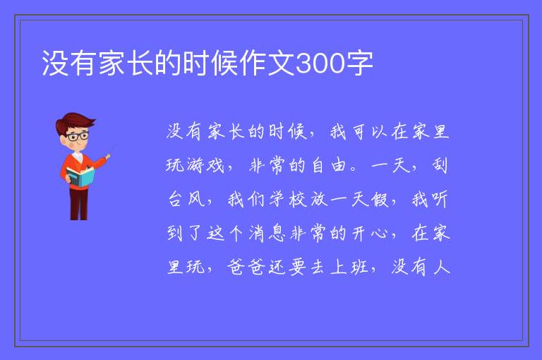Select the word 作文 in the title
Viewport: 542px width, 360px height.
coord(267,64)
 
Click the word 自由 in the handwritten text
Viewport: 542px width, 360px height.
coord(328,165)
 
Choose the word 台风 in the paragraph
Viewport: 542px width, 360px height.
coord(186,200)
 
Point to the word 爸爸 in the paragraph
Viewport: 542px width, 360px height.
coord(246,267)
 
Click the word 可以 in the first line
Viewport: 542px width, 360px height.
coord(370,132)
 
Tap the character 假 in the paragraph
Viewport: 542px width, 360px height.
coord(380,200)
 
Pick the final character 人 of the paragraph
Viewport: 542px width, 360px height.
coord(441,267)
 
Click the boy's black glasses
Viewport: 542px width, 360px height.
coord(78,137)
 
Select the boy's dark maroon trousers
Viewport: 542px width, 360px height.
coord(79,204)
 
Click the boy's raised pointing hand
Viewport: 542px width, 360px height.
coord(108,157)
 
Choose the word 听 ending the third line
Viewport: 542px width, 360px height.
coord(439,200)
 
